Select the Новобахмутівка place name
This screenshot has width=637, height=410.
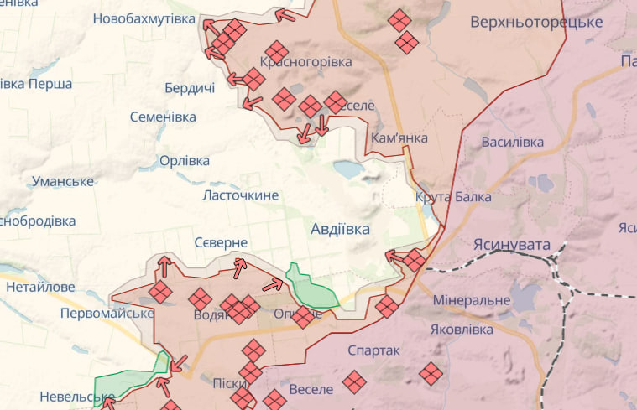(x=144, y=18)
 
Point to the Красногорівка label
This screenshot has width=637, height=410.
(x=305, y=61)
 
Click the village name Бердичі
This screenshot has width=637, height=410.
(x=189, y=88)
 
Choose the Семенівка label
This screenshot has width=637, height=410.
(x=163, y=117)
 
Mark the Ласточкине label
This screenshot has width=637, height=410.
(x=240, y=195)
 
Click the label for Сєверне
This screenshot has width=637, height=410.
(x=221, y=242)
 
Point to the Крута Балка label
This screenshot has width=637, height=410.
(x=453, y=197)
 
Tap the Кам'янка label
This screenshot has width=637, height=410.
(x=399, y=138)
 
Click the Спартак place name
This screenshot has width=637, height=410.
(x=373, y=350)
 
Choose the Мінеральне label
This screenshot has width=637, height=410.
(x=472, y=300)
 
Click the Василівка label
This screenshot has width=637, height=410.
(x=512, y=142)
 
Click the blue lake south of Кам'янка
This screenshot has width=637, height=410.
(x=348, y=170)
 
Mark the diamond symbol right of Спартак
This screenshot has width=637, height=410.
(x=431, y=373)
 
